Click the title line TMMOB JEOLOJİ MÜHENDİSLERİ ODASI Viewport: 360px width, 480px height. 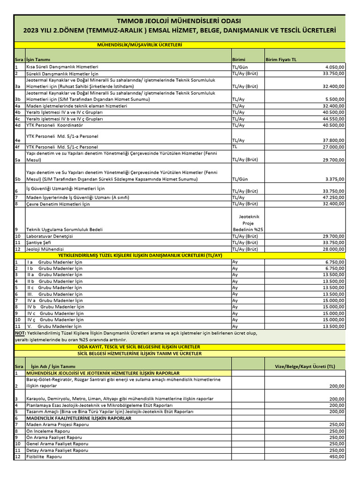click(180, 21)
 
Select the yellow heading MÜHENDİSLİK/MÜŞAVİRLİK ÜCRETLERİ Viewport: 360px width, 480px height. click(139, 45)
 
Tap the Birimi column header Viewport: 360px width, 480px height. click(239, 60)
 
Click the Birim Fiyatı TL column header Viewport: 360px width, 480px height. click(281, 60)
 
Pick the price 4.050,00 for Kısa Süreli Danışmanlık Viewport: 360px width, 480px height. click(334, 67)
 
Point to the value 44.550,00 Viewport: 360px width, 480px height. click(332, 119)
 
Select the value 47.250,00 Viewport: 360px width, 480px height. click(332, 197)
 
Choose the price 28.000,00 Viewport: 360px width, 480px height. click(332, 249)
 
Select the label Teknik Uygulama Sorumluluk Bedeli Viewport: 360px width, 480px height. click(65, 230)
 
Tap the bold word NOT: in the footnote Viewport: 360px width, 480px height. click(20, 333)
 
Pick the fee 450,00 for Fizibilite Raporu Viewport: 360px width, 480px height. click(336, 457)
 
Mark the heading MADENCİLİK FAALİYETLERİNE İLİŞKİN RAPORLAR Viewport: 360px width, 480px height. click(79, 418)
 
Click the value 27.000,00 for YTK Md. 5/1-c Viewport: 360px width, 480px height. click(332, 147)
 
